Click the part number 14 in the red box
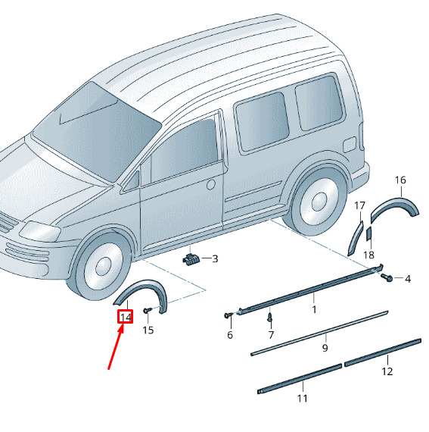coord(126,317)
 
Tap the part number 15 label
coord(148,330)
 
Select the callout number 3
coord(215,258)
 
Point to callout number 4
coord(408,279)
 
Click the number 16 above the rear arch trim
coord(400,180)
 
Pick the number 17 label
coord(359,205)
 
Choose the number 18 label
coord(368,255)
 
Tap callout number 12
coord(387,371)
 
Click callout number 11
coord(302,398)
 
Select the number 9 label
coord(325,348)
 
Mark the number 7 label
coord(271,335)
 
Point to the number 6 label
coord(230,335)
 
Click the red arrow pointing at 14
coord(116,346)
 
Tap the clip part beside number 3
coord(191,259)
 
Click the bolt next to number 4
coord(387,277)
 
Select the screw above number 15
coord(147,311)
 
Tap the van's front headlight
coord(40,230)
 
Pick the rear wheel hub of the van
coord(319,202)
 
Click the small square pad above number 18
coord(368,233)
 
